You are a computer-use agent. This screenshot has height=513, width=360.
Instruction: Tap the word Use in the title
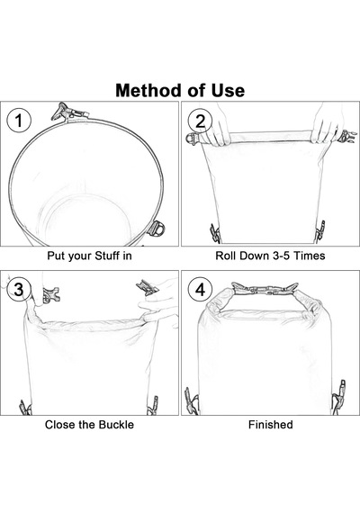pyautogui.click(x=228, y=90)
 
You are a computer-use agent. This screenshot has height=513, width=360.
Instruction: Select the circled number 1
pyautogui.click(x=19, y=121)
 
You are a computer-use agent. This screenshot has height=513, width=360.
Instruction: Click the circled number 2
pyautogui.click(x=200, y=121)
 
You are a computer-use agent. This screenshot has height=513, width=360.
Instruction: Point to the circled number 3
pyautogui.click(x=19, y=290)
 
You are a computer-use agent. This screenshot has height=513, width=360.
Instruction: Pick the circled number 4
pyautogui.click(x=200, y=290)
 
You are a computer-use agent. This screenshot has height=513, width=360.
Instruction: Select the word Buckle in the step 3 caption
pyautogui.click(x=116, y=424)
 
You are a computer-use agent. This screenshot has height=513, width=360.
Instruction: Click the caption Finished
pyautogui.click(x=270, y=424)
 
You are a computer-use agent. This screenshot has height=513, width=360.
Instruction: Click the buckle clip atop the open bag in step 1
pyautogui.click(x=68, y=112)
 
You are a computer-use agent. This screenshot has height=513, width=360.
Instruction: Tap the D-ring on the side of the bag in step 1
pyautogui.click(x=157, y=228)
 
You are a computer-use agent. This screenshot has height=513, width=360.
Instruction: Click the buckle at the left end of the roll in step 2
pyautogui.click(x=193, y=139)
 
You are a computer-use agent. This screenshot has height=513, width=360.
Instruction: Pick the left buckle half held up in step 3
pyautogui.click(x=50, y=294)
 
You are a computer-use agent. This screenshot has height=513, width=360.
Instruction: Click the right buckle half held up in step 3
pyautogui.click(x=148, y=287)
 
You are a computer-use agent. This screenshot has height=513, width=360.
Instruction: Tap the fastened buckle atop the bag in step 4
pyautogui.click(x=265, y=289)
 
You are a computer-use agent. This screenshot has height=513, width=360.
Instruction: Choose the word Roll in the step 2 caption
pyautogui.click(x=225, y=256)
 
